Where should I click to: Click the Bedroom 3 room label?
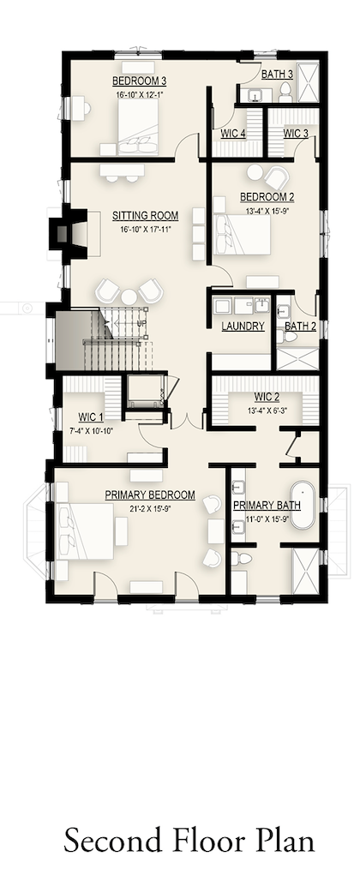coord(139,81)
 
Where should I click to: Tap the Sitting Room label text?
coord(146,216)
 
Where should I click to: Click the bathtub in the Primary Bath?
coord(303,505)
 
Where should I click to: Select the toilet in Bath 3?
coord(285,92)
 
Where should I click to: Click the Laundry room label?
coord(243,326)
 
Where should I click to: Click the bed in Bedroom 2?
coord(243,235)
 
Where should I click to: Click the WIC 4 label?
coord(233,133)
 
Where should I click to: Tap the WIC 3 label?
coord(296,133)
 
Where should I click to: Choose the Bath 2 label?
coord(300,326)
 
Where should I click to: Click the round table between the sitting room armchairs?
coord(129,297)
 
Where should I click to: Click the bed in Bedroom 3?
coord(138,128)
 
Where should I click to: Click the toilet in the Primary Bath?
coord(240,559)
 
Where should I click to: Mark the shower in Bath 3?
coord(309,82)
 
